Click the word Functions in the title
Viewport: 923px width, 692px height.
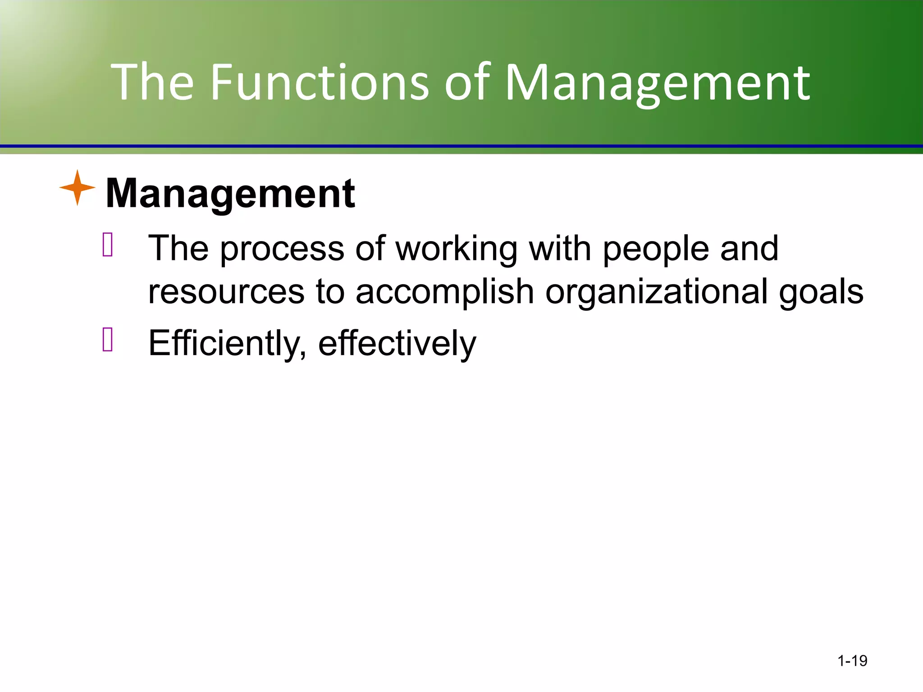pyautogui.click(x=320, y=82)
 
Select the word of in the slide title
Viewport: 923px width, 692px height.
pyautogui.click(x=467, y=82)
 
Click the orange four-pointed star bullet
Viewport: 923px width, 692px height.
pyautogui.click(x=77, y=188)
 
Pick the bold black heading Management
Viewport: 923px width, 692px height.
pyautogui.click(x=230, y=194)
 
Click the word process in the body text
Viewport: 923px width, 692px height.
pyautogui.click(x=282, y=249)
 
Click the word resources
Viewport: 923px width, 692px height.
pyautogui.click(x=226, y=292)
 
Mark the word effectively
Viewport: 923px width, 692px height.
pyautogui.click(x=397, y=343)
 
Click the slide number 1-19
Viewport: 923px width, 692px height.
pyautogui.click(x=852, y=661)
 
